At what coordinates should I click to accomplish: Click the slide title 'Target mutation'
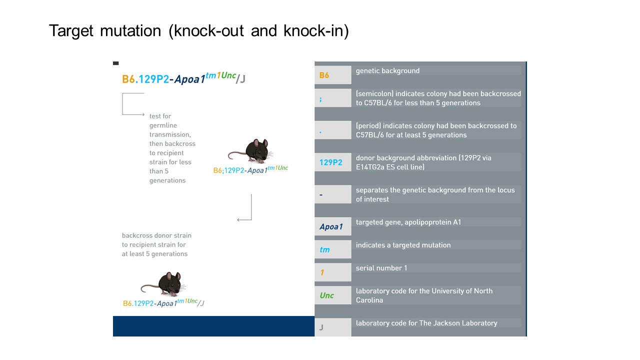198,31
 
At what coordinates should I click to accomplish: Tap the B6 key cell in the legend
332,75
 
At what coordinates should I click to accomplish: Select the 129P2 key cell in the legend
332,162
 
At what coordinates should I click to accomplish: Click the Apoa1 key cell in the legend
332,226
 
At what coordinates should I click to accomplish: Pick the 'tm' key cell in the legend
332,249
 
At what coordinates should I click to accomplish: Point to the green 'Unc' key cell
332,295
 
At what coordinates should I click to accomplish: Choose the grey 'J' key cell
332,327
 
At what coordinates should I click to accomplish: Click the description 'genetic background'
387,71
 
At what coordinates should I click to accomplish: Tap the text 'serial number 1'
381,268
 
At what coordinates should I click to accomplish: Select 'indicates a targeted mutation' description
403,245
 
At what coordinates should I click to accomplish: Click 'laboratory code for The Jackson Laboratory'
426,323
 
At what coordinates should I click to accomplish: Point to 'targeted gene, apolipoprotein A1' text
408,222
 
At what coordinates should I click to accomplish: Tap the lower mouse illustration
164,284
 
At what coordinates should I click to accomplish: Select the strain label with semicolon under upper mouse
250,170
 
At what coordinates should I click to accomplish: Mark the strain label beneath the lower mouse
163,303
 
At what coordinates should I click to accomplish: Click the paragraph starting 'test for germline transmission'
172,148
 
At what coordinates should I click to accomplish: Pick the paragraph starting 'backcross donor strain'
156,244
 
